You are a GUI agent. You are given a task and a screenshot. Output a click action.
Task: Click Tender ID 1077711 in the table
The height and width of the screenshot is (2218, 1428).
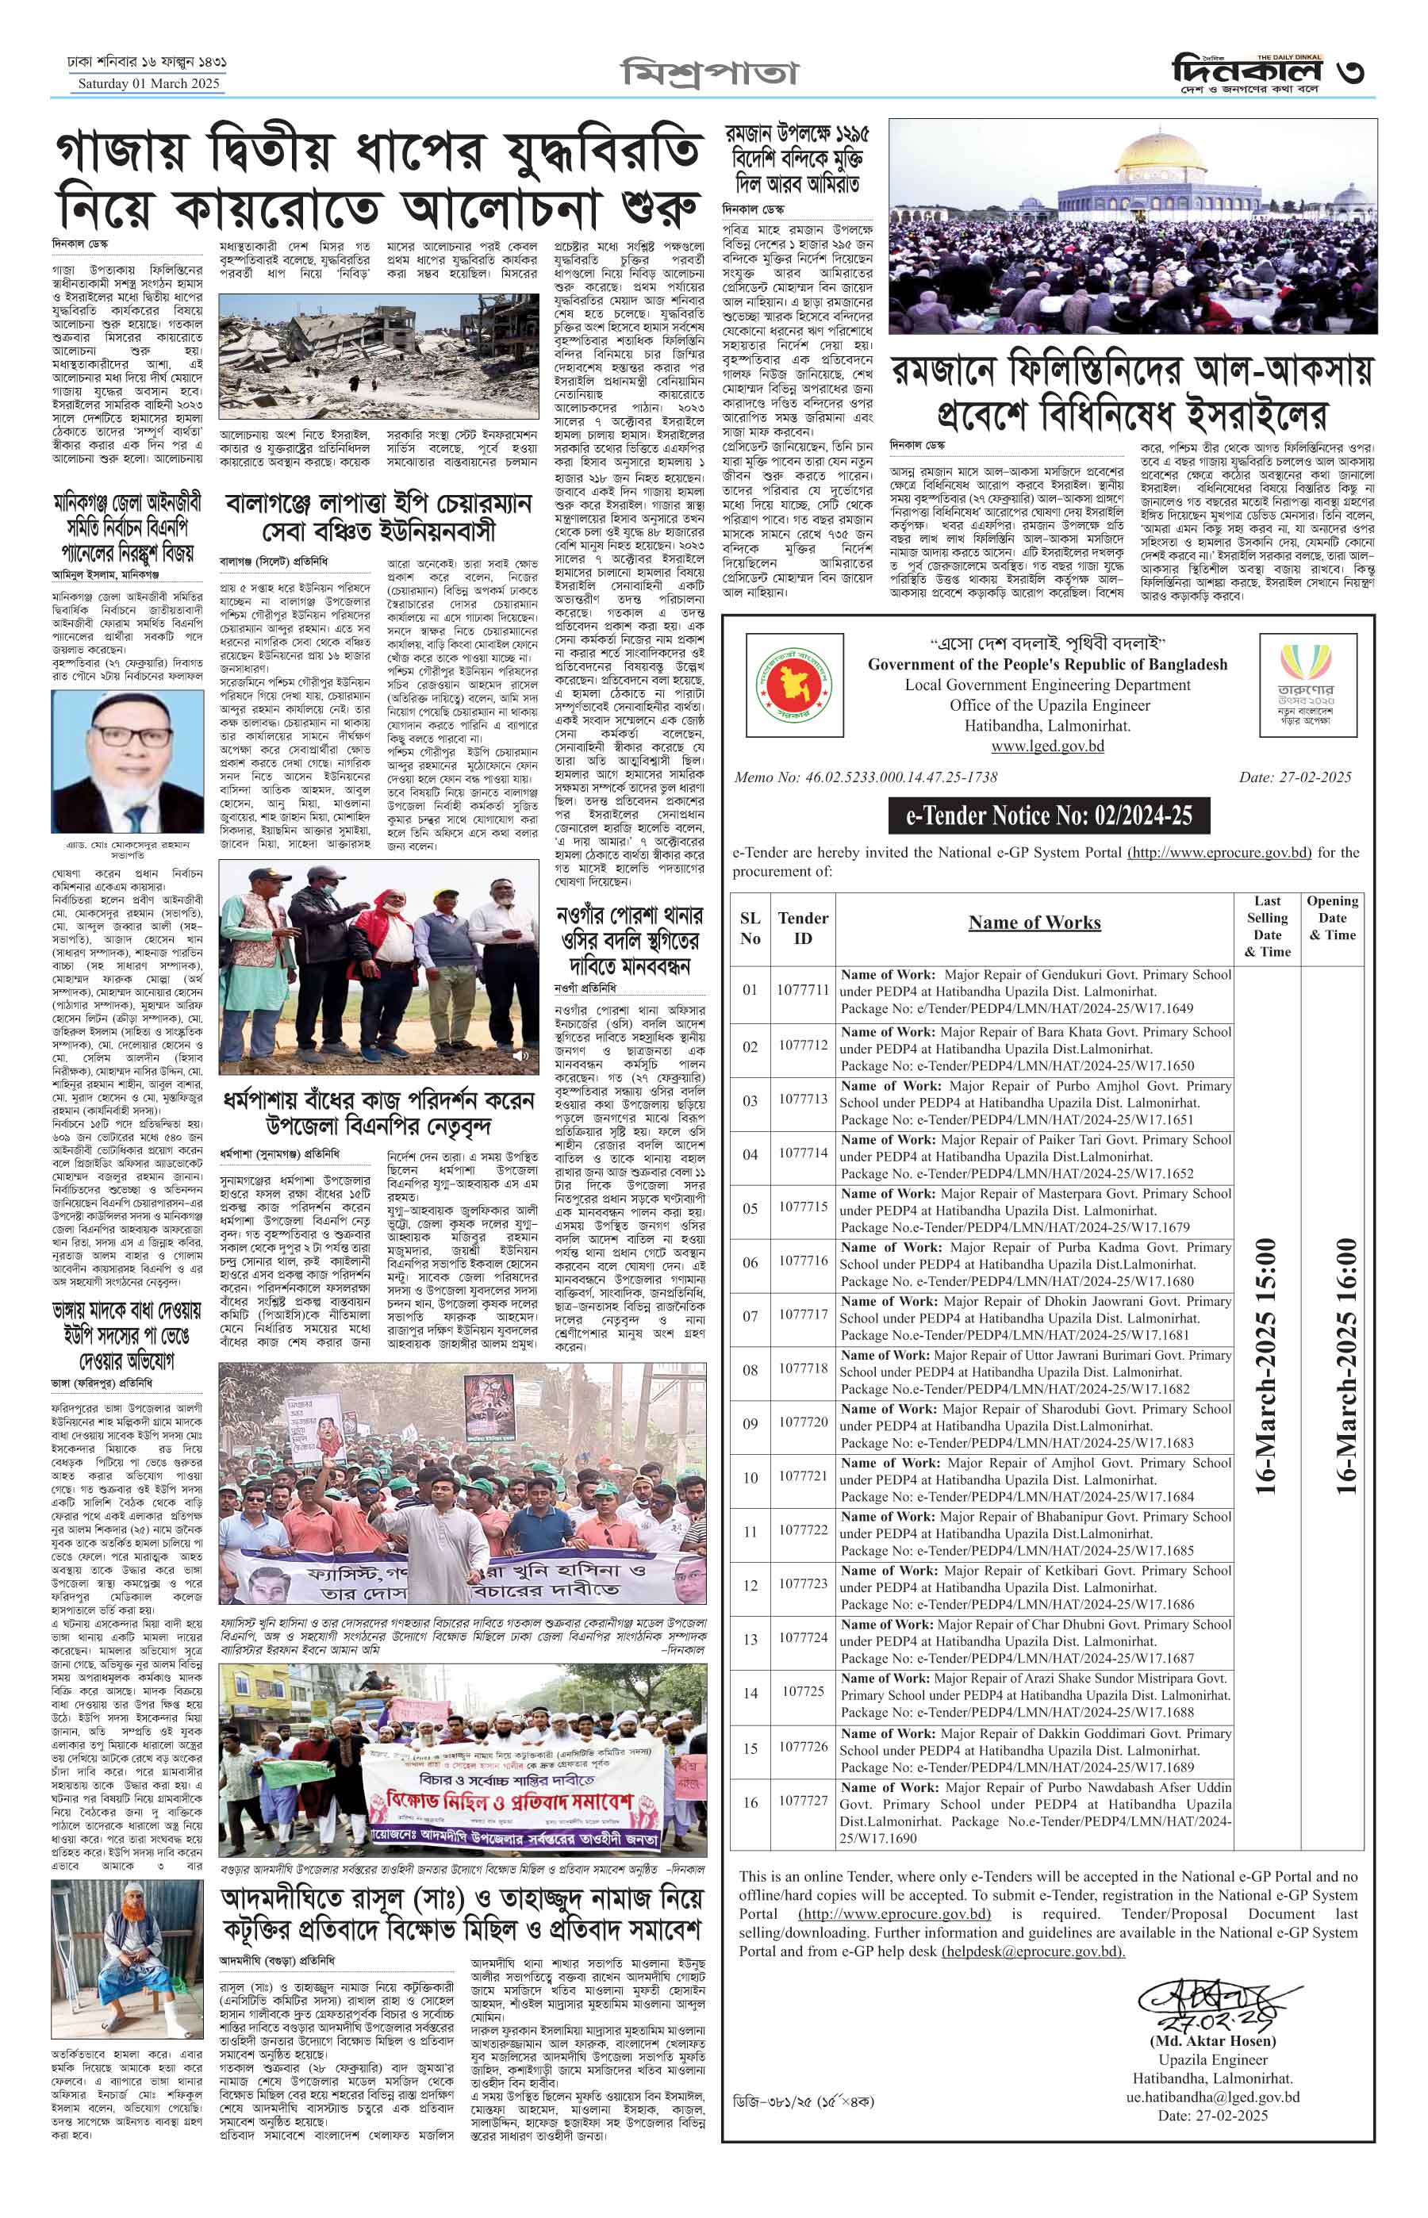803,989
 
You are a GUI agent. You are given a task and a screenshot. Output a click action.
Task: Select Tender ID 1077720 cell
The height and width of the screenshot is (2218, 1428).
803,1422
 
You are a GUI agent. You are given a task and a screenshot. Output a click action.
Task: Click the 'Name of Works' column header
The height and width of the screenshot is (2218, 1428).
1034,923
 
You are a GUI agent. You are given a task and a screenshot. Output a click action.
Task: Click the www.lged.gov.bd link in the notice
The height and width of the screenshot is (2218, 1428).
1047,746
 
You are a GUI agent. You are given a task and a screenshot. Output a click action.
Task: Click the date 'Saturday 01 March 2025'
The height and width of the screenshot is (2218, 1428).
148,84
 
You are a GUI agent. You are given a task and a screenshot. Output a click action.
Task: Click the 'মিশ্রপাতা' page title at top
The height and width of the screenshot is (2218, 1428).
708,75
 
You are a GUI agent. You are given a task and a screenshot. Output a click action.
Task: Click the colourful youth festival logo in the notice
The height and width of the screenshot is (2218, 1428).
1307,685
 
